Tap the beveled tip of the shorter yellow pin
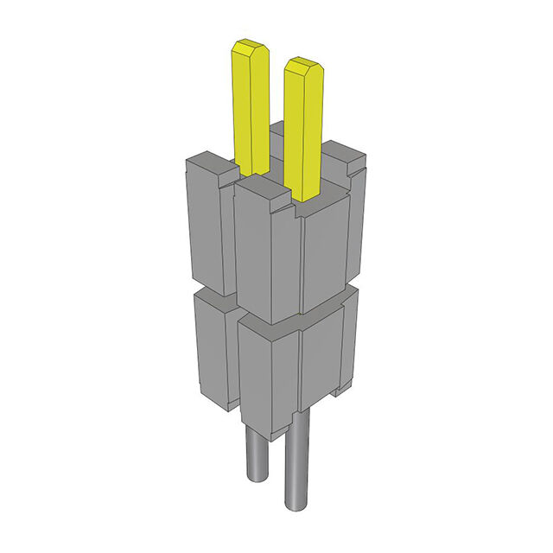(302, 67)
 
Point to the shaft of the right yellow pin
(303, 130)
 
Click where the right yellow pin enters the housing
(305, 197)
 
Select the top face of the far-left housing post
(208, 161)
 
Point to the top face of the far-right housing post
(346, 156)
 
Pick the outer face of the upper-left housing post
(206, 225)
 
